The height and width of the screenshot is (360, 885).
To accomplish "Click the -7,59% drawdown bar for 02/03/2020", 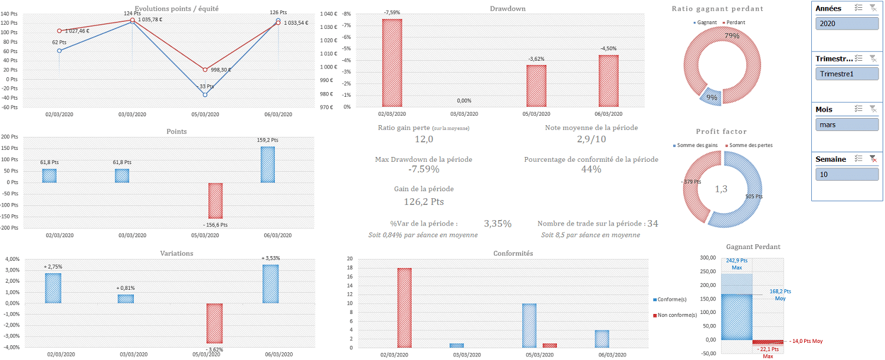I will pos(392,63).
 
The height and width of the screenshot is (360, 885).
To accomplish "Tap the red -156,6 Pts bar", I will pos(215,201).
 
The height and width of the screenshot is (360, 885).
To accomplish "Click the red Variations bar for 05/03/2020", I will pos(215,323).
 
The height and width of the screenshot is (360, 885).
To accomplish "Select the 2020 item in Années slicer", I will pos(847,24).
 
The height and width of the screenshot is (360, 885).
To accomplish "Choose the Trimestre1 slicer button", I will pos(847,74).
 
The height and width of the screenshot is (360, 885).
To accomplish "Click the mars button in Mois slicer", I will pos(847,125).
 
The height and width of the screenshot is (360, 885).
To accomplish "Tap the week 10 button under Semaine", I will pos(847,175).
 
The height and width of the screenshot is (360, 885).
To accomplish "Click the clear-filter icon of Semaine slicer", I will pos(873,159).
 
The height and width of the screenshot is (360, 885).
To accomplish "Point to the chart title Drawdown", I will pos(507,9).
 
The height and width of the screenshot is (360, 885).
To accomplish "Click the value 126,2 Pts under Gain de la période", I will pos(424,202).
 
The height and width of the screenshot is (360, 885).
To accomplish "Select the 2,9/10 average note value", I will pos(591,139).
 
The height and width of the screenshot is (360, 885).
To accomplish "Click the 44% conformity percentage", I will pos(591,170).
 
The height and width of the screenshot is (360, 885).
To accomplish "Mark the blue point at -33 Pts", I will pos(205,94).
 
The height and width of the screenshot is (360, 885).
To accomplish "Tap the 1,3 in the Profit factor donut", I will pos(722,189).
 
